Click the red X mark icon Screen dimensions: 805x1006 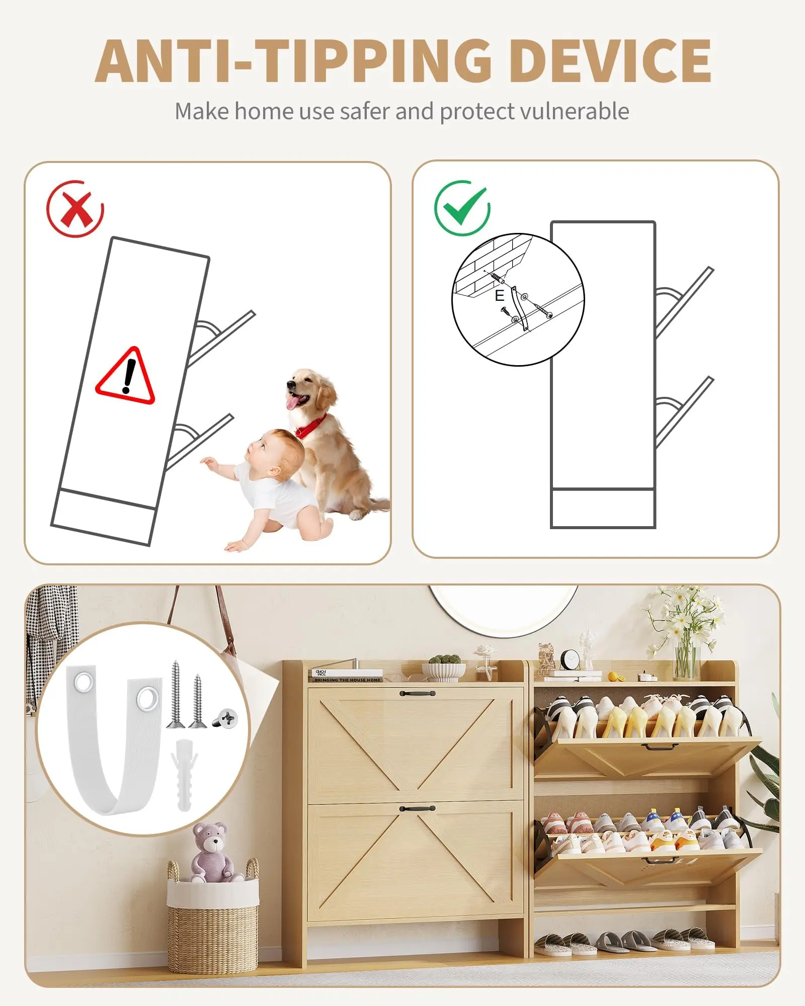[75, 208]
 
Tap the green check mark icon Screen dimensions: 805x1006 [462, 208]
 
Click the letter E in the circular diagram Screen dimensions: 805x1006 [499, 295]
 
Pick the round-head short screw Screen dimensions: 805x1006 [225, 718]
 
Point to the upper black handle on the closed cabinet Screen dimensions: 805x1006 [417, 693]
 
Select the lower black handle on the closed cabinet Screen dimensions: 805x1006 [417, 808]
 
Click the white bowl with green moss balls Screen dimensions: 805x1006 [443, 668]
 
